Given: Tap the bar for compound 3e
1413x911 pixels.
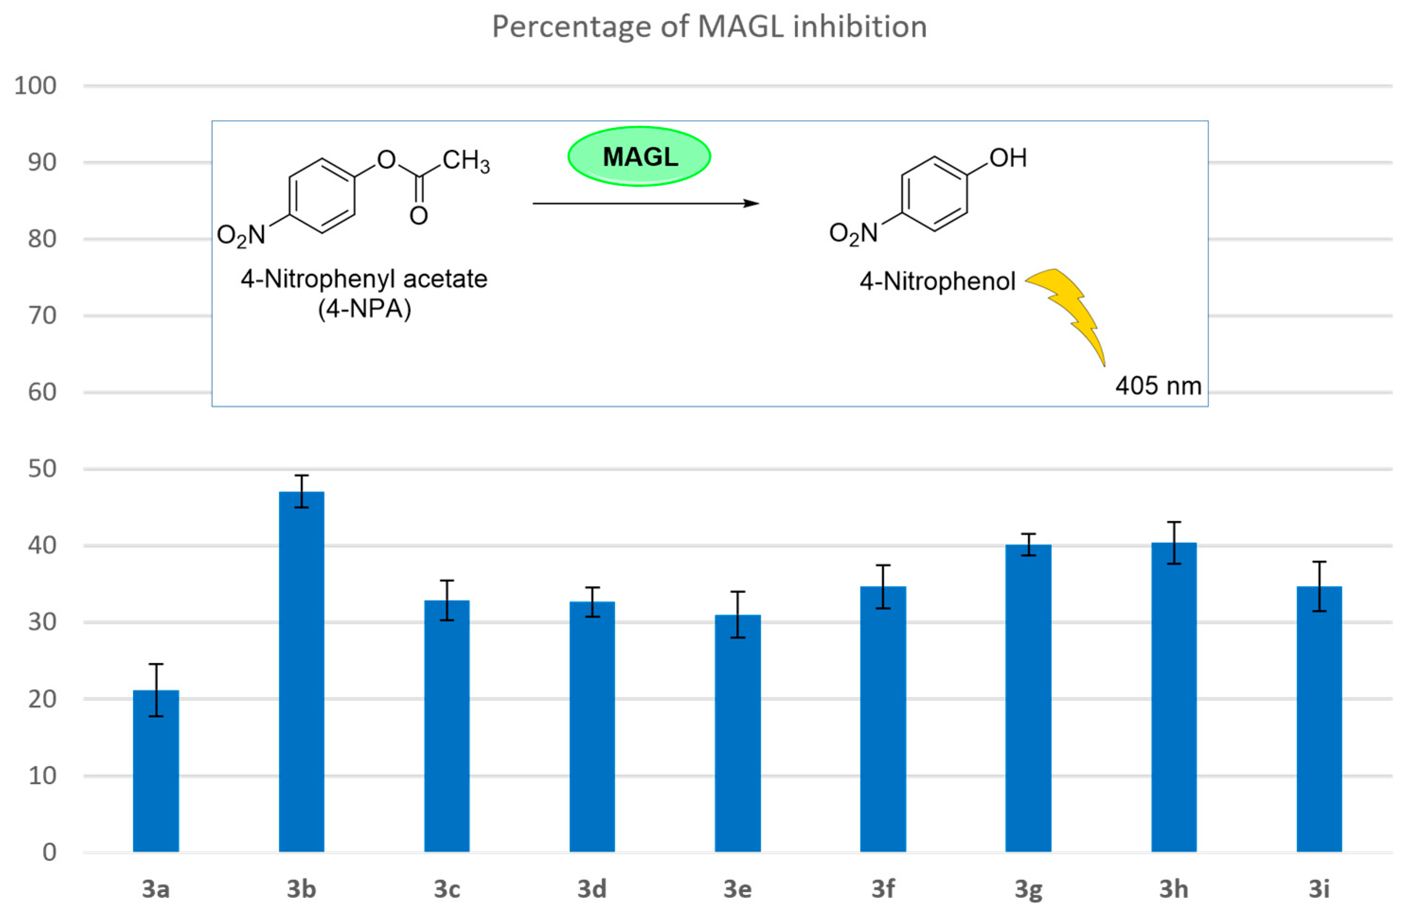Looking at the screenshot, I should pyautogui.click(x=738, y=734).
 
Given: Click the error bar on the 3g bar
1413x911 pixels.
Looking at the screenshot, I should pyautogui.click(x=1028, y=544).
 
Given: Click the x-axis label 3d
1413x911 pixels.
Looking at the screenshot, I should pyautogui.click(x=592, y=889).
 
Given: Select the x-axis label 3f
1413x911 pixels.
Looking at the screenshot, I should pyautogui.click(x=883, y=889).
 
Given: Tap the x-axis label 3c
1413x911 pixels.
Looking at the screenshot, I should pyautogui.click(x=447, y=889).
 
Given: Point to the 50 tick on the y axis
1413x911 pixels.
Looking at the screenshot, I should pyautogui.click(x=42, y=469).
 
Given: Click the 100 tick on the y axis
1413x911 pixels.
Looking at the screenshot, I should pyautogui.click(x=36, y=86).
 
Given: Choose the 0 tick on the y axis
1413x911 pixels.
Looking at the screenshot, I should pyautogui.click(x=50, y=852).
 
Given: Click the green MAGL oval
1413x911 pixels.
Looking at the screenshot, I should pyautogui.click(x=639, y=157).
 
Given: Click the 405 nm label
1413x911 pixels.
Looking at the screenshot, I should pyautogui.click(x=1158, y=386).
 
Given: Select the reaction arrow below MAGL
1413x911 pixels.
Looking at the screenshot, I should pyautogui.click(x=645, y=203).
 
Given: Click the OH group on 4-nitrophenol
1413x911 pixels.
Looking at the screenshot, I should pyautogui.click(x=1008, y=158).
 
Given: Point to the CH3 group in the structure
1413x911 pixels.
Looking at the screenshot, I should pyautogui.click(x=466, y=160).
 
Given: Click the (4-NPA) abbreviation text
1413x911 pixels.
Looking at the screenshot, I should pyautogui.click(x=364, y=309).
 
